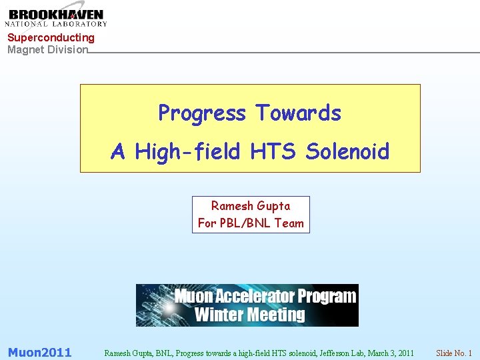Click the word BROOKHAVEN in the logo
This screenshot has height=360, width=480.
coord(57,14)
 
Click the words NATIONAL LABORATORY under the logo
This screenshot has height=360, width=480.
coord(57,25)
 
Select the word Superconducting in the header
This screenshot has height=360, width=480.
coord(51,38)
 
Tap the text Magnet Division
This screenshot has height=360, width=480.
coord(47,49)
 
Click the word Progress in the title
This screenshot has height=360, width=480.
coord(202,113)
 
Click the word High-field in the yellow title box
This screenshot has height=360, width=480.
coord(187,152)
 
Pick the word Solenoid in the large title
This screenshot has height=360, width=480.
coord(347,152)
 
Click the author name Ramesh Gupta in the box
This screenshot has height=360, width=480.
coord(251,206)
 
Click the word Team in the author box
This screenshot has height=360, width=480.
coord(289,223)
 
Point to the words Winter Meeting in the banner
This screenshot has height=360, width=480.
coord(249,315)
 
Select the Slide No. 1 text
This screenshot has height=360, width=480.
coord(453,353)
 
